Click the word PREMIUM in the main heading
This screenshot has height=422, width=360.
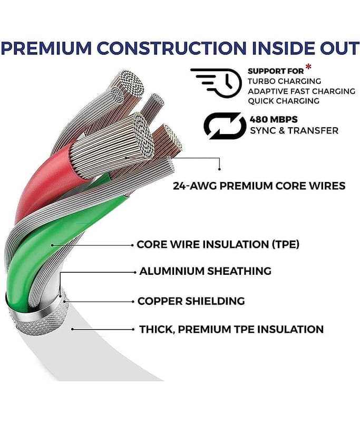(47, 48)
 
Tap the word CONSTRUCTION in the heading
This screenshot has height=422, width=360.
(171, 48)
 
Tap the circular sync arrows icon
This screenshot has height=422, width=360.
(225, 126)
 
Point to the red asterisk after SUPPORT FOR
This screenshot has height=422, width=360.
(308, 67)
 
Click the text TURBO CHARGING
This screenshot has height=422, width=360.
(284, 81)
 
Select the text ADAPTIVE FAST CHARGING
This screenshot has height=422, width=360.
(301, 91)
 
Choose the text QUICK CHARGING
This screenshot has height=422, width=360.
(284, 101)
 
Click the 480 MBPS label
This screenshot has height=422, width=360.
(274, 119)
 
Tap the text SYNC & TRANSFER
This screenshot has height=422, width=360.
(294, 131)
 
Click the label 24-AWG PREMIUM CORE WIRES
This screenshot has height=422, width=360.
(259, 186)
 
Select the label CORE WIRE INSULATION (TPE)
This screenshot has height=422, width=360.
(218, 244)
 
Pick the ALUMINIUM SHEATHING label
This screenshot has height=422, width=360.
(206, 271)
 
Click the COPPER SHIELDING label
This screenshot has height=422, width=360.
(191, 301)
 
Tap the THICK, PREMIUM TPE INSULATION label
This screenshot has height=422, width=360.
(231, 329)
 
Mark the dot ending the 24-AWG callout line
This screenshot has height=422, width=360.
(219, 169)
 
